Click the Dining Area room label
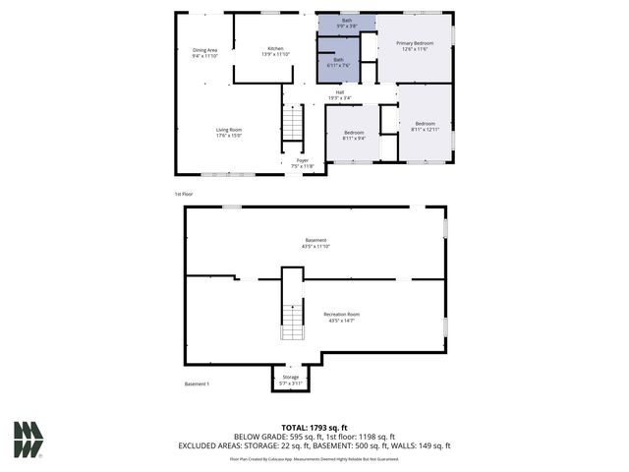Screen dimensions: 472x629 click(204, 52)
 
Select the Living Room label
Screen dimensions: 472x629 click(229, 133)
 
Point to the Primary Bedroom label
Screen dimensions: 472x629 click(415, 46)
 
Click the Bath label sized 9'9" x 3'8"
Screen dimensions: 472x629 click(346, 24)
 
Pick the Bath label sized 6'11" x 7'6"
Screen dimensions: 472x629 click(338, 63)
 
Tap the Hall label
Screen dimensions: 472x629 click(338, 95)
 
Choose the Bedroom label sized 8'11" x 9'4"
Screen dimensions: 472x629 click(353, 135)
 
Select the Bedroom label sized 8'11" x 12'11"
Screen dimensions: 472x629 click(425, 126)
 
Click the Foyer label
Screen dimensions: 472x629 click(302, 163)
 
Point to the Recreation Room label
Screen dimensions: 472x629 click(342, 317)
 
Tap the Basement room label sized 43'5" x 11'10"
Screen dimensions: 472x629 click(315, 243)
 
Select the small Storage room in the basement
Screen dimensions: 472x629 click(290, 379)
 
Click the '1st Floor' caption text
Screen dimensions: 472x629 click(184, 195)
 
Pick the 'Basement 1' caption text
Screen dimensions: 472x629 click(197, 383)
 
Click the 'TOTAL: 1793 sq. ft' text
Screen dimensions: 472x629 click(314, 428)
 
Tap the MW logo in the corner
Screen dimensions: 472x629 click(28, 440)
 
